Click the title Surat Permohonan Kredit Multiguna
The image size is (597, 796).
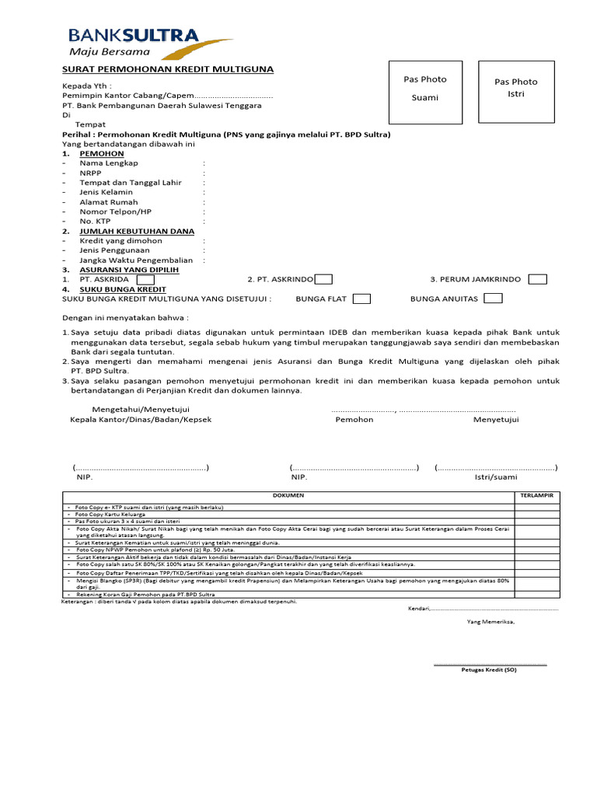(168, 69)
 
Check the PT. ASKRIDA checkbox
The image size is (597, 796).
(145, 279)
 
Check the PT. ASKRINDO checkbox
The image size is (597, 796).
(324, 279)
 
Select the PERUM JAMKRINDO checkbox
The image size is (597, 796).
(537, 279)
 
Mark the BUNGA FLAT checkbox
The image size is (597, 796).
(361, 298)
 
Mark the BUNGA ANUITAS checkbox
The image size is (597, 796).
(493, 298)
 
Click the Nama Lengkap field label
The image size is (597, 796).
(109, 163)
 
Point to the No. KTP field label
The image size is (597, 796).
(96, 222)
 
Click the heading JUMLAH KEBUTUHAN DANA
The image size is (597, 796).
(137, 231)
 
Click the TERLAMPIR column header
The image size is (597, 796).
(536, 495)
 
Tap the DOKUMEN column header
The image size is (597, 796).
(288, 495)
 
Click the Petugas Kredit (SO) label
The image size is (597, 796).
(488, 669)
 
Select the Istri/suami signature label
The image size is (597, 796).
(496, 477)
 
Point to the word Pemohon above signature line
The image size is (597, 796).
(354, 420)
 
